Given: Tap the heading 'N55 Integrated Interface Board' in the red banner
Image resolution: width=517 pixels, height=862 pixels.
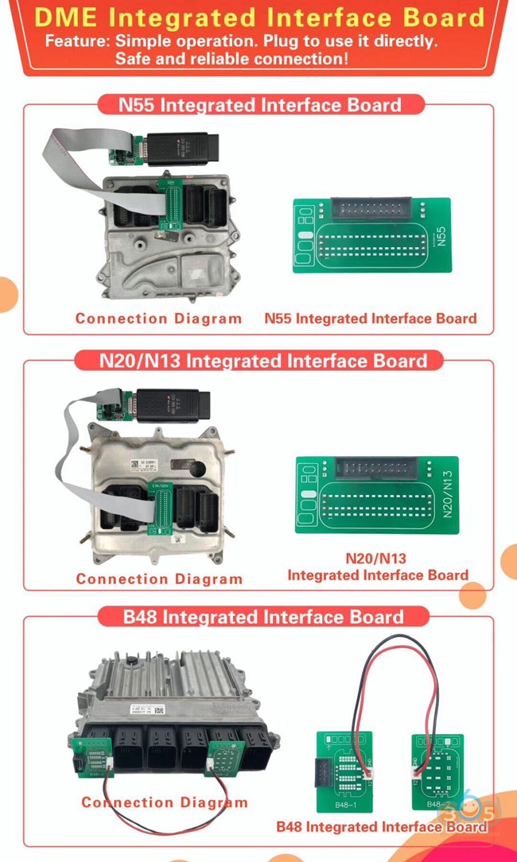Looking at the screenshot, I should point(259,104).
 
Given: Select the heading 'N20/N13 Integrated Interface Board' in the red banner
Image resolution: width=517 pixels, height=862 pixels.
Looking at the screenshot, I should point(263,361).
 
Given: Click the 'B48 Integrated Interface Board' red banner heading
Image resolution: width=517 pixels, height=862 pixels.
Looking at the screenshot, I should point(263,617).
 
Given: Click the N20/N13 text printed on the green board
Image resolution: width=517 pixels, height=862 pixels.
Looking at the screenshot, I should point(447,494).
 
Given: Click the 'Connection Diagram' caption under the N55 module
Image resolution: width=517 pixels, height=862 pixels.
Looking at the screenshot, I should point(158,319).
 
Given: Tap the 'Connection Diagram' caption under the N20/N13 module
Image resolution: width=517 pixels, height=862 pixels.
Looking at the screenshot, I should point(159,579).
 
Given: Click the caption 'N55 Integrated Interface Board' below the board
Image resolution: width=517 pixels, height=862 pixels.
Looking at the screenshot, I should point(371,319).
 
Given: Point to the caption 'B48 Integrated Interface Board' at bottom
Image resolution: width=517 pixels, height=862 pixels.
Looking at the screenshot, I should point(382,827).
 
